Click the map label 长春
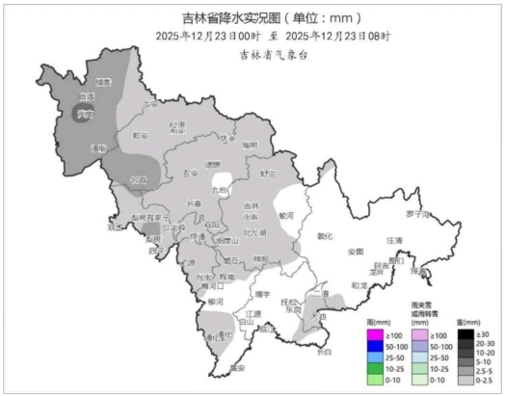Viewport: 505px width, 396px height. pyautogui.click(x=194, y=203)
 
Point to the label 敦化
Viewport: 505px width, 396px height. pyautogui.click(x=325, y=234)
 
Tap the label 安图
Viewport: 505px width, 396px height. pyautogui.click(x=356, y=252)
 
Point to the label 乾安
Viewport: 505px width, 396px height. pyautogui.click(x=142, y=136)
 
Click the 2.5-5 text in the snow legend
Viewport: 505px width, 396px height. pyautogui.click(x=486, y=370)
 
